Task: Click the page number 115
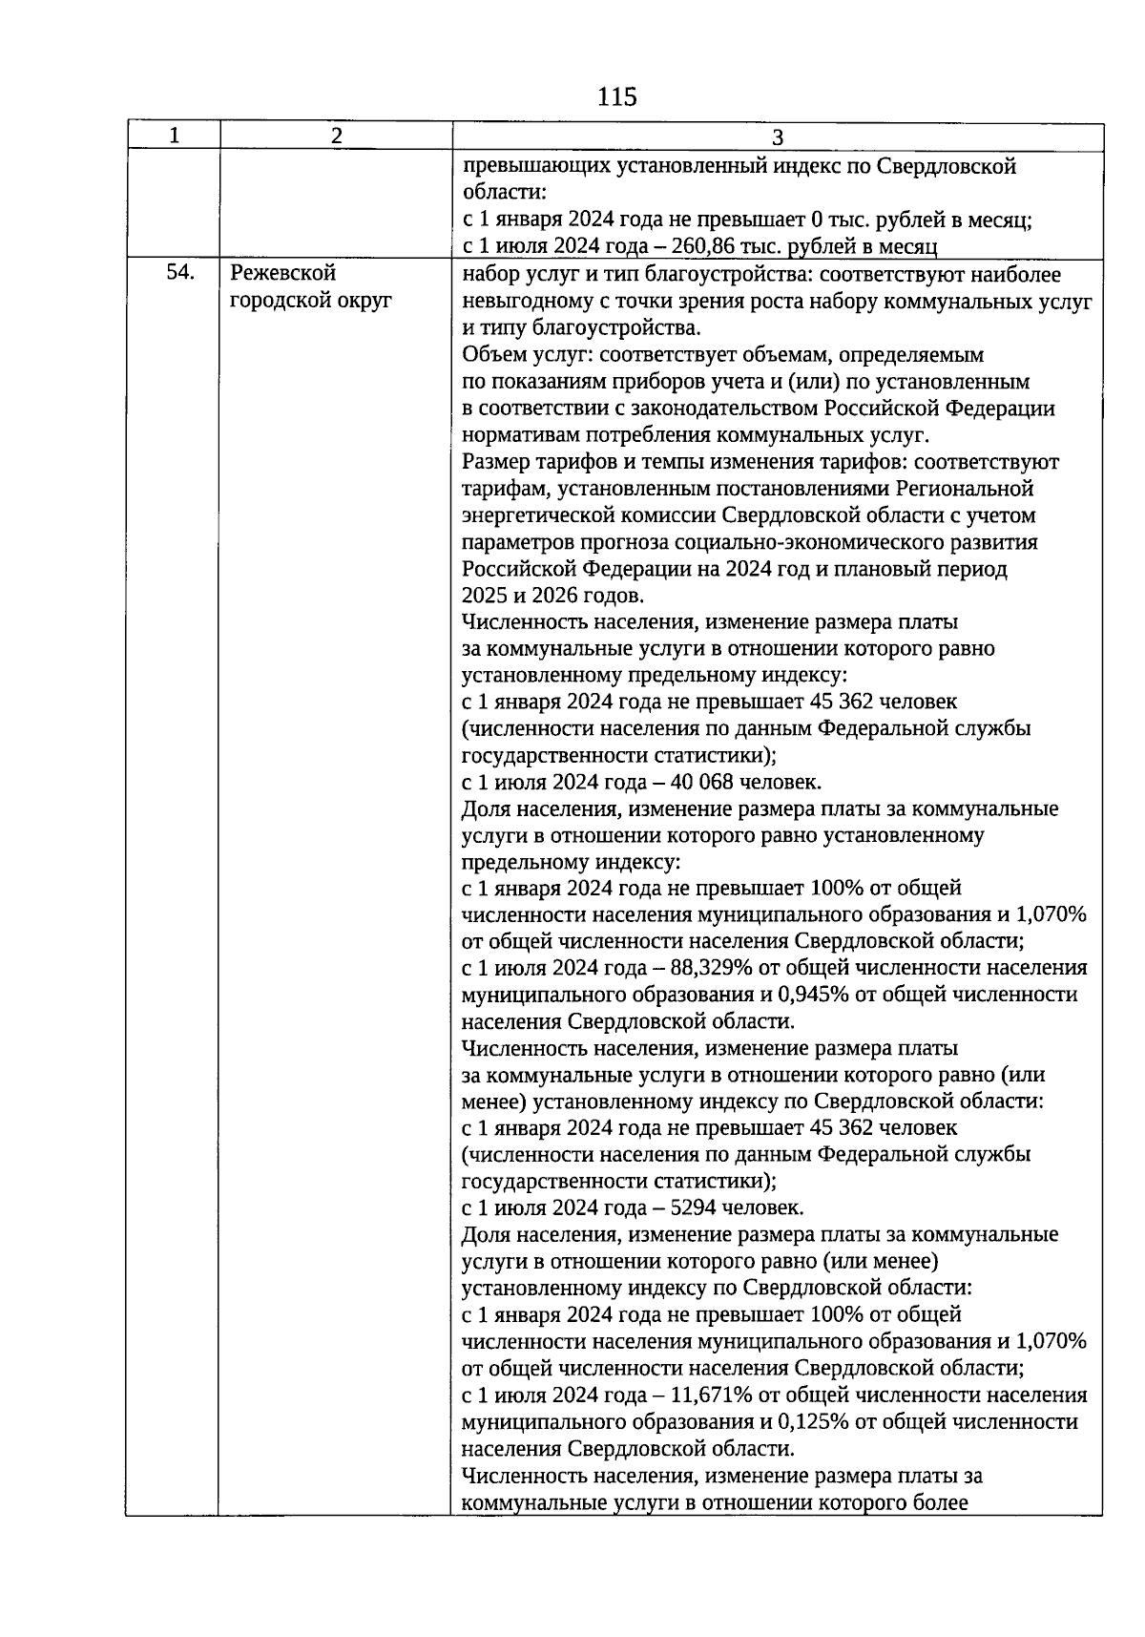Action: tap(616, 96)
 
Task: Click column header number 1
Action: tap(173, 136)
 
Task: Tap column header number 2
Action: tap(336, 136)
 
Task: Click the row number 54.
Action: tap(180, 274)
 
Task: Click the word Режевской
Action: tap(283, 274)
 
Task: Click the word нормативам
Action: tap(516, 435)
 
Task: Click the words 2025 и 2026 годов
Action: tap(552, 596)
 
